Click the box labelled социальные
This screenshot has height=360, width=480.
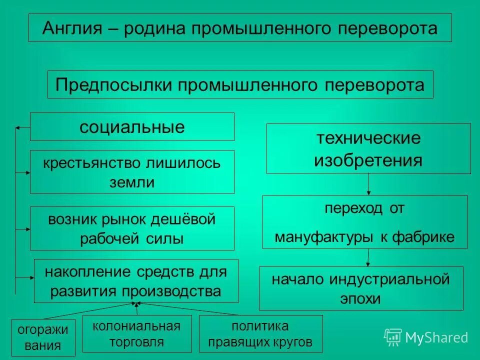click(132, 127)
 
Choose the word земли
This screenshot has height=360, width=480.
click(132, 182)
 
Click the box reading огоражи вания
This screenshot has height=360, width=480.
click(43, 337)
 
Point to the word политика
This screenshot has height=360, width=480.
click(260, 326)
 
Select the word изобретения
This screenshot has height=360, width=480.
click(368, 160)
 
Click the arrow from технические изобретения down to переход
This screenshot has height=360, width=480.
click(368, 184)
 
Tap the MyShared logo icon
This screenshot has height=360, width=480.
click(392, 337)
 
